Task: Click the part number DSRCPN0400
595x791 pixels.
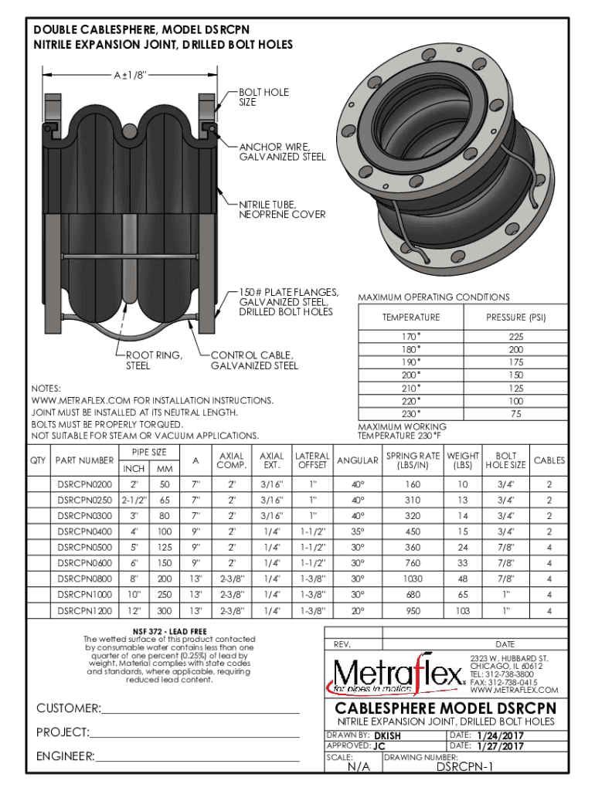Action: tap(84, 531)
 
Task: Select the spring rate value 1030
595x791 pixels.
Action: tap(413, 578)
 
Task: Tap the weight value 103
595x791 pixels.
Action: tap(463, 611)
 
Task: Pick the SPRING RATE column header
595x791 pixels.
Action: tap(413, 460)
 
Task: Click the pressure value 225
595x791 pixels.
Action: tap(515, 337)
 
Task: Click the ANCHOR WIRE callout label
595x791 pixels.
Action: tap(282, 151)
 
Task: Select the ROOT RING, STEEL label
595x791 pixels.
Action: tap(154, 360)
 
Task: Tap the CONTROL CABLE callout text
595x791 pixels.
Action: tap(255, 360)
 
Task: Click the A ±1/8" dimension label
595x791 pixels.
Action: tap(131, 75)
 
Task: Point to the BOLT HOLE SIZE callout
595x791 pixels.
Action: tap(263, 97)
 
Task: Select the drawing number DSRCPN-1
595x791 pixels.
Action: tap(466, 767)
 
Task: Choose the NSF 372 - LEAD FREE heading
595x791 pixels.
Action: tap(169, 630)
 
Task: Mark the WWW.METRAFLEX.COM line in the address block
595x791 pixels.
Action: tap(514, 690)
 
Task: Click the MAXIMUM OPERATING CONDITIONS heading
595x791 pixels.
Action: tap(433, 297)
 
